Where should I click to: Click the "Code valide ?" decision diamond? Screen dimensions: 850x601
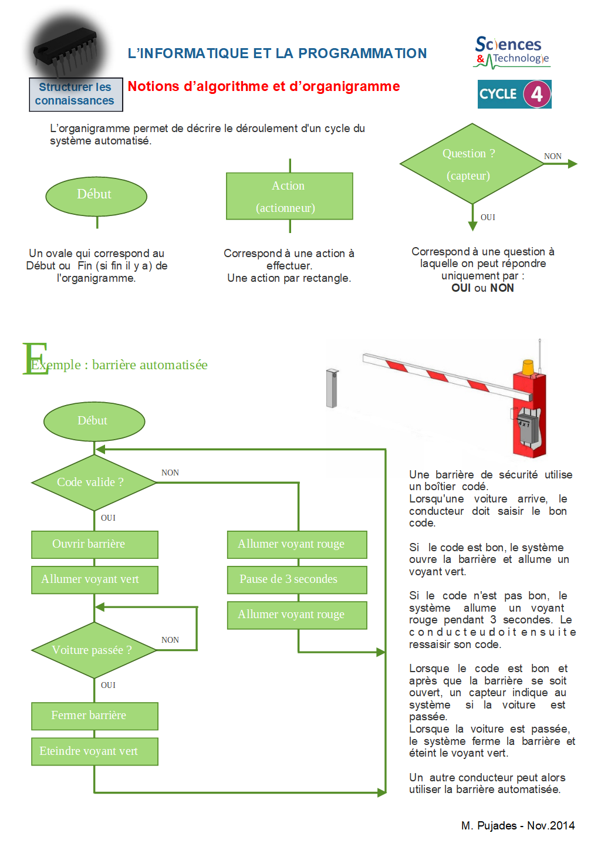(94, 483)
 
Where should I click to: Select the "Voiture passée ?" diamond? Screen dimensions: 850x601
(94, 650)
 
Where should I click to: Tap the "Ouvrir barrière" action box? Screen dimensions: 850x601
(94, 544)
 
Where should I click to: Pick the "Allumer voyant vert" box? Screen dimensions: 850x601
(94, 579)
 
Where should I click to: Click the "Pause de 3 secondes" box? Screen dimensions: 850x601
(297, 579)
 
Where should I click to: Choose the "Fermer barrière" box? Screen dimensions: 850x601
(94, 716)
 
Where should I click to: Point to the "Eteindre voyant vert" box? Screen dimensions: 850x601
(94, 751)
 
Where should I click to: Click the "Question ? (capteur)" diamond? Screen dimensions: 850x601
(472, 164)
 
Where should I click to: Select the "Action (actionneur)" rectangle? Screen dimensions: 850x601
(289, 196)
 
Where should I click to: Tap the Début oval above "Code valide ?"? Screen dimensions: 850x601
(94, 421)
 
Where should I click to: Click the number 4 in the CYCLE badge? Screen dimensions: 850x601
(536, 94)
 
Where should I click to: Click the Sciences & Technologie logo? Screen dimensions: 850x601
(511, 52)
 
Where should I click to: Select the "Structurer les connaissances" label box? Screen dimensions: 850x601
(76, 94)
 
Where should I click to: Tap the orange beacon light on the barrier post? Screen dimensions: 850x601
(528, 367)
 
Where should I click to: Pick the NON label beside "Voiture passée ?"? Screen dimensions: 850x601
(170, 640)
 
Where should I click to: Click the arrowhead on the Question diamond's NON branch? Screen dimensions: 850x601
(572, 164)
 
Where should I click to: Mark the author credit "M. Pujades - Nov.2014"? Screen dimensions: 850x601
(518, 825)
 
